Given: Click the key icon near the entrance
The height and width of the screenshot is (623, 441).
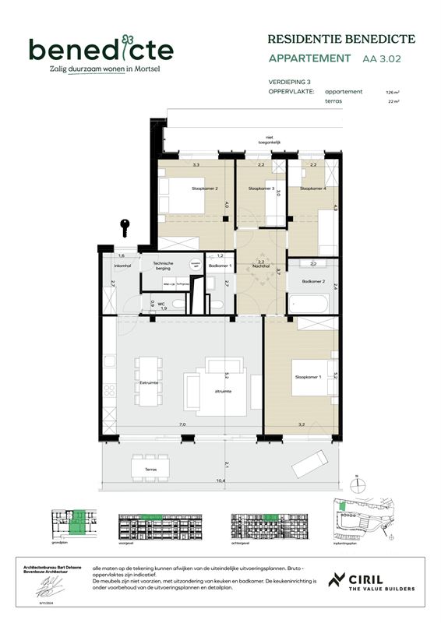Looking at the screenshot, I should point(124,228).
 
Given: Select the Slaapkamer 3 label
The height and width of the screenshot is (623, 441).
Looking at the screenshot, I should point(261,189).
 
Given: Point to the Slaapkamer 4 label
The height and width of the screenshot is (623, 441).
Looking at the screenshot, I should point(314,189).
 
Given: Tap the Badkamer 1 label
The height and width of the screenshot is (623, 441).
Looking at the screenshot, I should point(220,266).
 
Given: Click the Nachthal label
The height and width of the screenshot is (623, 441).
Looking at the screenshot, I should point(261,267).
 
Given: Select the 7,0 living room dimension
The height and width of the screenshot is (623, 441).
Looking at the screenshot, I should point(182,424).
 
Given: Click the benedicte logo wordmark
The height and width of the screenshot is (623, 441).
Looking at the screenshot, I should point(101,50).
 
